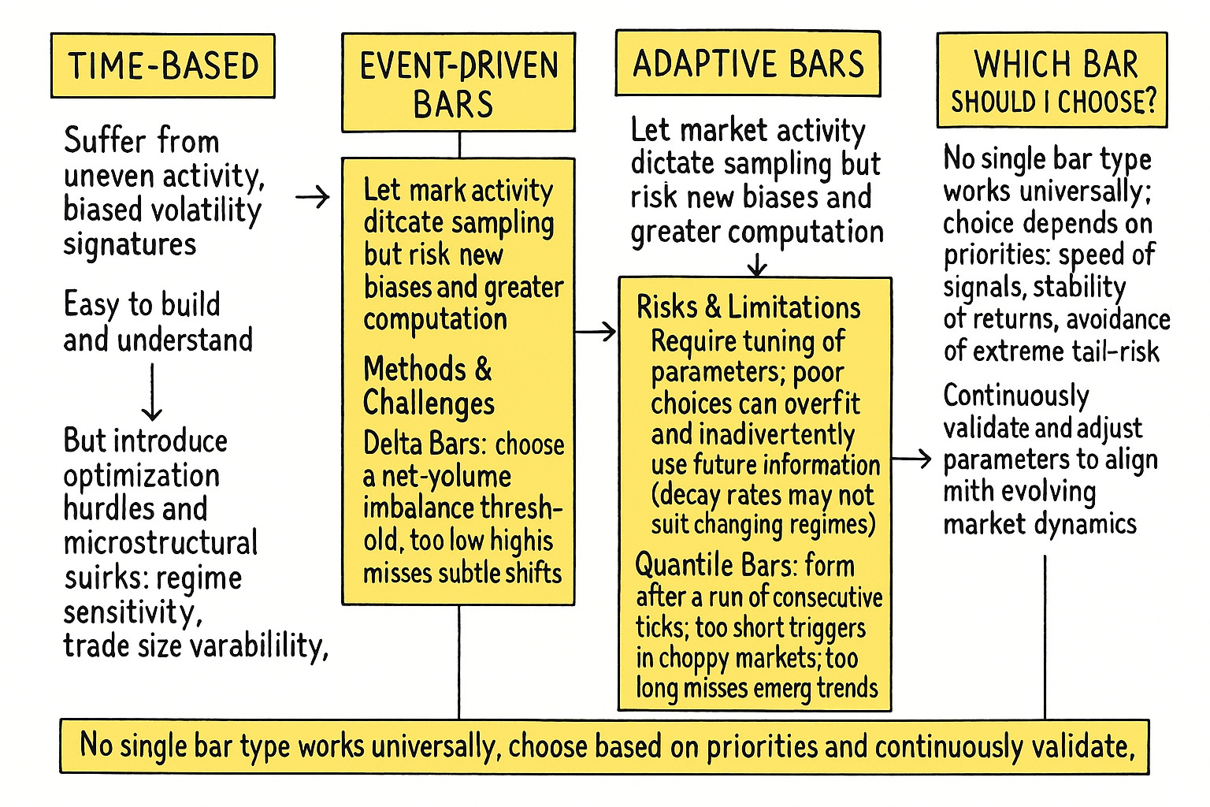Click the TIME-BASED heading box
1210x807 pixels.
click(163, 66)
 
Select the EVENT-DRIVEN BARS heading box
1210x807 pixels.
click(458, 83)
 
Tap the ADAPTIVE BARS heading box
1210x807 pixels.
click(748, 64)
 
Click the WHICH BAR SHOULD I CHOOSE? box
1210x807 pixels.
click(1052, 80)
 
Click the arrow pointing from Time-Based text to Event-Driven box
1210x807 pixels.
click(313, 197)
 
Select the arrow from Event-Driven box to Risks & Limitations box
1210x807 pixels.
click(596, 332)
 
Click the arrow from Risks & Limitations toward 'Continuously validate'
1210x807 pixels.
click(912, 458)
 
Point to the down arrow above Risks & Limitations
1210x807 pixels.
click(757, 265)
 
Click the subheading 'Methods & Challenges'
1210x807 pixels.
click(429, 385)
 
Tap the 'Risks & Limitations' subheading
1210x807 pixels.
click(748, 307)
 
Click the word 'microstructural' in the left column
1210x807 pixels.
click(161, 543)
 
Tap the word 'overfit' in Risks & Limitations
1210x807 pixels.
click(822, 403)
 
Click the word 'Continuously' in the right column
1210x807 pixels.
click(1016, 396)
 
